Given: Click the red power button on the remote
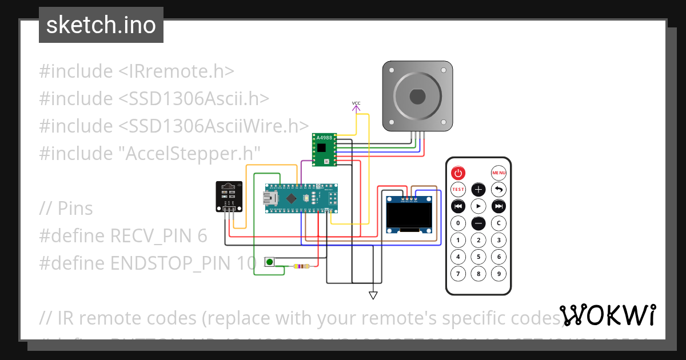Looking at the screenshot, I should point(458,172).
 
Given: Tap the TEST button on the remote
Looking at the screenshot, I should point(458,189).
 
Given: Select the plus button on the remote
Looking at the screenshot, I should point(478,189).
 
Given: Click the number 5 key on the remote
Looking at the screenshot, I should point(478,257).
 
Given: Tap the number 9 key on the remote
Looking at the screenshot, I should point(499,274).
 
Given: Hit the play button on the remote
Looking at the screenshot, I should point(478,206).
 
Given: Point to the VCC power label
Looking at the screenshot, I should point(356,104).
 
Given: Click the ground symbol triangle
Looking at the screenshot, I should point(373,295).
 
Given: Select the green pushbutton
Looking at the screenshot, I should point(269,262).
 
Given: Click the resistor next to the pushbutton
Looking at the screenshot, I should point(301,266).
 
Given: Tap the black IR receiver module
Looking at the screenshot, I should point(228,195).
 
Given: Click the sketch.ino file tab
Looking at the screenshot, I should point(101,25).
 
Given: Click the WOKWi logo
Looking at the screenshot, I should point(607,315).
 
